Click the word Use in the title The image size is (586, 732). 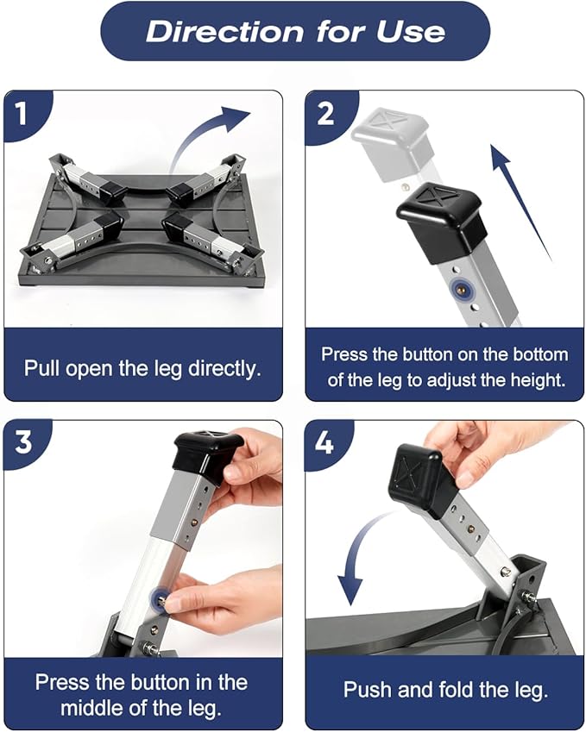[411, 32]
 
